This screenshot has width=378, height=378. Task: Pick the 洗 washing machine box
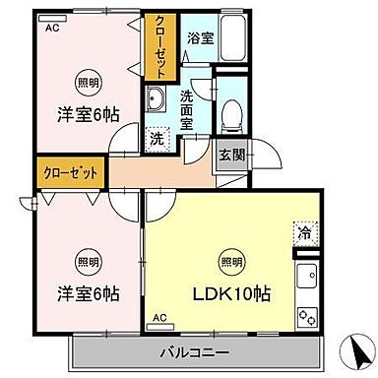click(x=156, y=139)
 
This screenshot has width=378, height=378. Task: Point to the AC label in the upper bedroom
click(x=52, y=28)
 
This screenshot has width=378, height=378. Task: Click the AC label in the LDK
click(x=159, y=320)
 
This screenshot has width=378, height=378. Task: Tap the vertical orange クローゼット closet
click(x=158, y=46)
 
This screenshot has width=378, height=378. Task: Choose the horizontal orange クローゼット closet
click(x=71, y=173)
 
